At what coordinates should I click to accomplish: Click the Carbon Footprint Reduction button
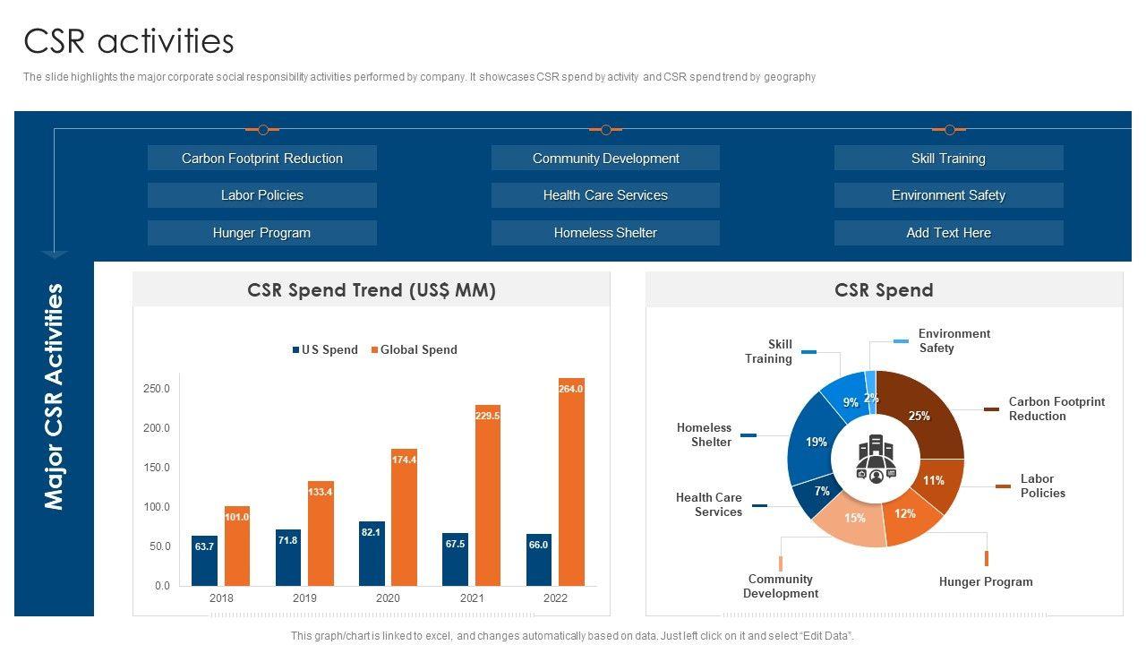261,159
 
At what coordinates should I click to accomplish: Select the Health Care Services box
605,195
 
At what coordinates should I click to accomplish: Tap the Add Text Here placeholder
948,233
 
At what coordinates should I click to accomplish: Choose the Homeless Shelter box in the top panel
605,233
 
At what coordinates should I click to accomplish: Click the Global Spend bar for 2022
571,484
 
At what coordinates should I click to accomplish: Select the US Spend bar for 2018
204,561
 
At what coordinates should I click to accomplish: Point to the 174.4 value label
404,460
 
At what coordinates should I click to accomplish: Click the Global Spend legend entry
414,350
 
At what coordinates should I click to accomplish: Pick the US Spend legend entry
325,350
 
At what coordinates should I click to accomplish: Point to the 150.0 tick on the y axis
157,468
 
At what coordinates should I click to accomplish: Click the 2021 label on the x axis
472,598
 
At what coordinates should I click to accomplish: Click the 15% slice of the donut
851,520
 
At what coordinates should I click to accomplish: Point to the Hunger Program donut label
986,582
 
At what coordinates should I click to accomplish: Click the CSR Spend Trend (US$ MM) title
372,290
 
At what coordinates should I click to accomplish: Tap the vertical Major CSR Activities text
55,397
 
